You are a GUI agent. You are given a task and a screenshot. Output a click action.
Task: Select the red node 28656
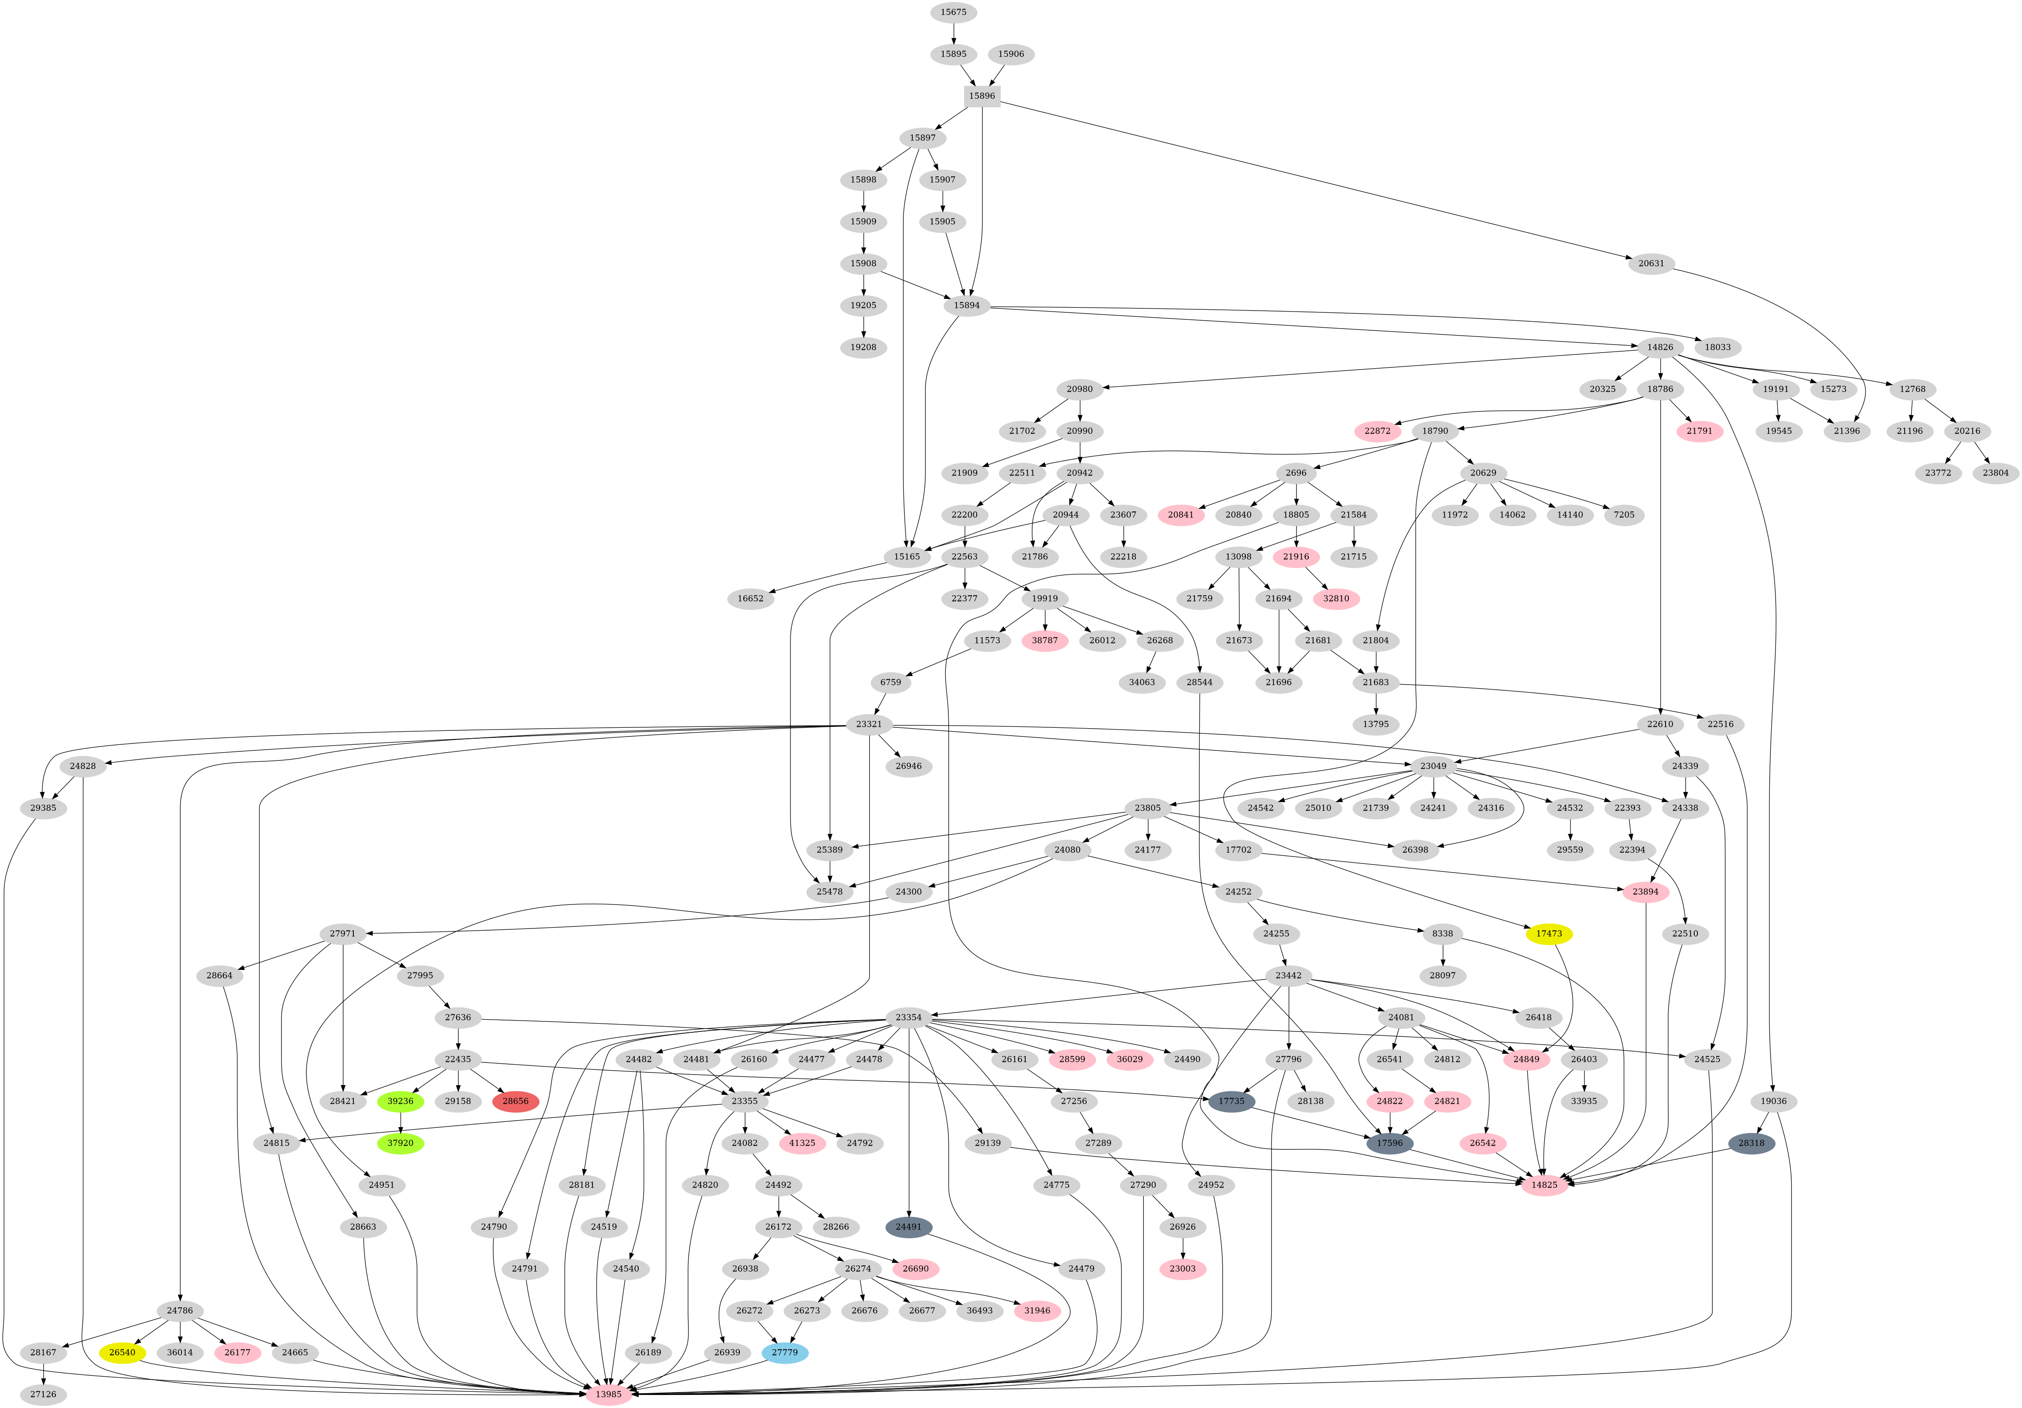[x=515, y=1102]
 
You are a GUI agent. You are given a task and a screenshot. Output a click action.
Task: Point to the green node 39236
[x=401, y=1102]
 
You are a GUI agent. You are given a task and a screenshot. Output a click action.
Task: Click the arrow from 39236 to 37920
[x=401, y=1123]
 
